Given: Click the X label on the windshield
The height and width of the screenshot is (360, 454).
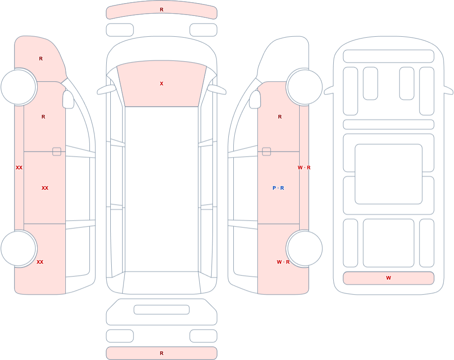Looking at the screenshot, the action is [x=162, y=84].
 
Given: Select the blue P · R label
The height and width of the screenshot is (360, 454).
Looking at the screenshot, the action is [x=278, y=188].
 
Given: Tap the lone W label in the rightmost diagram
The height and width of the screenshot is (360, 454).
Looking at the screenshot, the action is [x=389, y=278].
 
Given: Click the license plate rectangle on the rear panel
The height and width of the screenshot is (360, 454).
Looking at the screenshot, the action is [x=162, y=310].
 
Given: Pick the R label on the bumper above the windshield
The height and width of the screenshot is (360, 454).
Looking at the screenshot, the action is [x=162, y=10].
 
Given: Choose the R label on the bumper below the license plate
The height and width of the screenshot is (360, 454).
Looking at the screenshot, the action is [x=162, y=353].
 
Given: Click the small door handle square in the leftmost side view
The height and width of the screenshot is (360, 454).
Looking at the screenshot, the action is [x=57, y=152].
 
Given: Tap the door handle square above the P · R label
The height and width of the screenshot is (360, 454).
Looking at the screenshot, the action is [x=266, y=152].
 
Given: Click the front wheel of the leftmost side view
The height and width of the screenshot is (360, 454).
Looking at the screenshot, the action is [x=19, y=87].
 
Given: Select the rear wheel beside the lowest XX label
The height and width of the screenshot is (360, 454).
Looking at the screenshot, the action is [x=19, y=248].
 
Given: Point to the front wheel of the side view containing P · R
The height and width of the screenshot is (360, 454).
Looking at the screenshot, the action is [x=305, y=87].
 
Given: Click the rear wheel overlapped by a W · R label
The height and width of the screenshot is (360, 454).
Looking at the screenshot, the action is [x=305, y=248].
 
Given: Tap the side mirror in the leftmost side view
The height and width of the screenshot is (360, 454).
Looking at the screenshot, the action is [x=69, y=99].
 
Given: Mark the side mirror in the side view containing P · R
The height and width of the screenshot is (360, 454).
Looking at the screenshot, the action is [x=255, y=99].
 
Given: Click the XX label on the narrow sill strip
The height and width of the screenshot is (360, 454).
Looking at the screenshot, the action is [x=19, y=168].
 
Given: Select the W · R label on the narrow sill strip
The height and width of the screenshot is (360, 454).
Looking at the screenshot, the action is [x=304, y=168].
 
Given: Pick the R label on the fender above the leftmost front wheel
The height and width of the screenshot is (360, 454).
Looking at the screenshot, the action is [x=41, y=59].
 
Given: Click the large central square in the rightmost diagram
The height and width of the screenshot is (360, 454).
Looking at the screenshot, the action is [x=389, y=174].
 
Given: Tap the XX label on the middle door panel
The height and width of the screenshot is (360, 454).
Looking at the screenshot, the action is [x=45, y=188].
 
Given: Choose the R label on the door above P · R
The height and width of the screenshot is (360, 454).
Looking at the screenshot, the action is [x=280, y=117].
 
